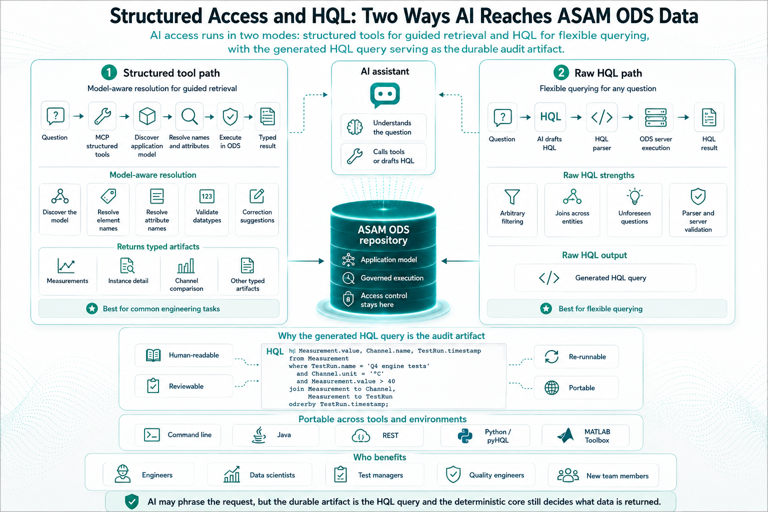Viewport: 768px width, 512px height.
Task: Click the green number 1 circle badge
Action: coord(109,72)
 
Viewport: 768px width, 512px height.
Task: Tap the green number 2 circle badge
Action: coord(561,72)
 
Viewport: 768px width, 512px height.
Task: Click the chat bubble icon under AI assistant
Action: coord(384,94)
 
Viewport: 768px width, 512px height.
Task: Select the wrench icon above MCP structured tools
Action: coord(102,116)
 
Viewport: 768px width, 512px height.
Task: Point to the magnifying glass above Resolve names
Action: coord(189,116)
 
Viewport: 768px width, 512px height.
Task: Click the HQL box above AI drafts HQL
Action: coord(550,117)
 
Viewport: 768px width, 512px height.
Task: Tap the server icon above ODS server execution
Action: coord(655,117)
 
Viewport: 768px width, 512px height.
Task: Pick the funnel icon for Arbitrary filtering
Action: coord(512,197)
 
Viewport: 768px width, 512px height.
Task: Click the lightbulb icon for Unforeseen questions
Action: coord(634,196)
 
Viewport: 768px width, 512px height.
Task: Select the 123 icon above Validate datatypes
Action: coord(206,196)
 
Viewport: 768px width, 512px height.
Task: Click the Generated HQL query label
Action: coord(610,278)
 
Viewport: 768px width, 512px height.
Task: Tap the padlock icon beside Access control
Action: coord(348,299)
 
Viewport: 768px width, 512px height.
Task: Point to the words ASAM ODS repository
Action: coord(383,235)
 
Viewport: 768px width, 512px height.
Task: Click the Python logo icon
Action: coord(465,436)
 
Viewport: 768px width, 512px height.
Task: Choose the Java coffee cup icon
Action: coord(259,435)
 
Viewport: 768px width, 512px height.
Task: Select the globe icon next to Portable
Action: coord(551,388)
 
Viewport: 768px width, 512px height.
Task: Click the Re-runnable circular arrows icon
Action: coord(551,356)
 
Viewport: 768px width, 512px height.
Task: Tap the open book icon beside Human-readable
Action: coord(153,355)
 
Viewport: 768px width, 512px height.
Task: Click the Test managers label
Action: coord(380,475)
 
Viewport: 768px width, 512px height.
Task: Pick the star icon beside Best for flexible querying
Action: coord(546,308)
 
